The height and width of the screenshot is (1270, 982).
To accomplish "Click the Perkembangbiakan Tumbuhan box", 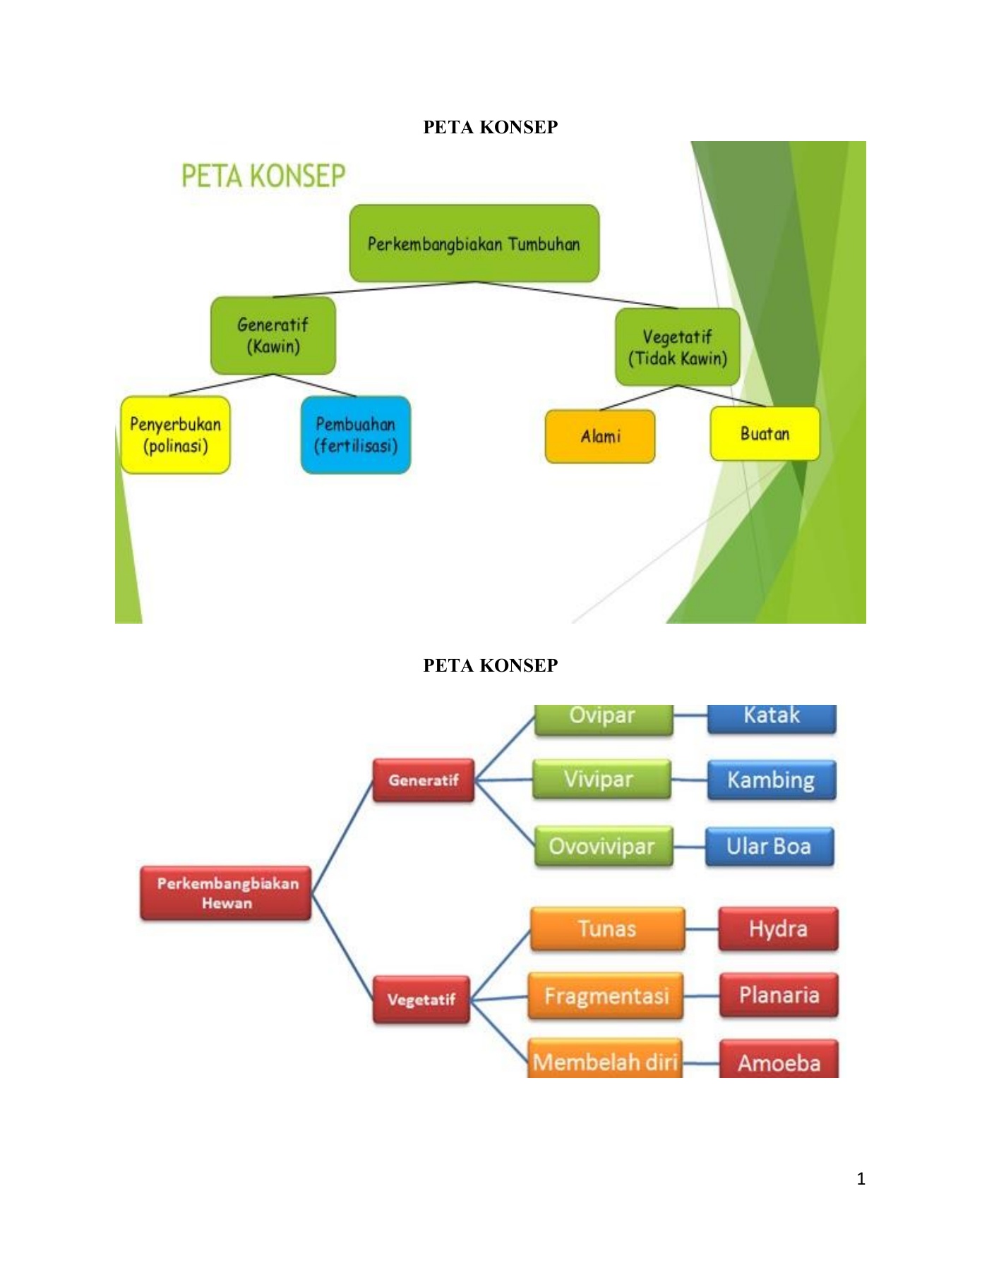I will click(474, 243).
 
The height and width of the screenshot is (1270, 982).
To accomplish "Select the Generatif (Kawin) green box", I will click(273, 335).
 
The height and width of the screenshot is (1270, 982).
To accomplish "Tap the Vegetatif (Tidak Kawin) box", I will click(677, 347).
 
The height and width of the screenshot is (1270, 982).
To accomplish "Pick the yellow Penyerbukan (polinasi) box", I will click(175, 435).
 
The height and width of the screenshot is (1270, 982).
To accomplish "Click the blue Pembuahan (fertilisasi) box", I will click(355, 435).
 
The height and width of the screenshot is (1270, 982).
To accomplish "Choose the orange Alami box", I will click(600, 437).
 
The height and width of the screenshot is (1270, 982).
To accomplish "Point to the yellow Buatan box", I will click(765, 434).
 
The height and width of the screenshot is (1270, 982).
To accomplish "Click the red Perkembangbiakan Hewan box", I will click(227, 893).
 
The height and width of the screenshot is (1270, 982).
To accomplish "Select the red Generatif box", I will click(423, 780).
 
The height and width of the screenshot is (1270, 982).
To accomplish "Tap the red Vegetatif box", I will click(421, 999).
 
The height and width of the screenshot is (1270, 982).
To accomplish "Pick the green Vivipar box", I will click(601, 780).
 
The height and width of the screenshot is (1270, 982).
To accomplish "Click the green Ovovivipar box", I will click(603, 846).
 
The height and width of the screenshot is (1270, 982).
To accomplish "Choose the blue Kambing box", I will click(771, 780).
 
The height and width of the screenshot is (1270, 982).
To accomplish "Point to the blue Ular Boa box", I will click(769, 846).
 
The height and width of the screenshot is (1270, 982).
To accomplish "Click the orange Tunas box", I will click(607, 929).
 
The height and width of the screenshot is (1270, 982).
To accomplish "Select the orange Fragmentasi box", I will click(606, 996).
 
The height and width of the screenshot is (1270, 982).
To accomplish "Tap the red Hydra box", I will click(778, 929).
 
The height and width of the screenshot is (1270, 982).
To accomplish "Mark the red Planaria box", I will click(779, 995).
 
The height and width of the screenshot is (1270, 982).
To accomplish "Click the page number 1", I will click(861, 1178).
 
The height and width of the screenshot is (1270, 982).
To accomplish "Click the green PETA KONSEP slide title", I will click(263, 176).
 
